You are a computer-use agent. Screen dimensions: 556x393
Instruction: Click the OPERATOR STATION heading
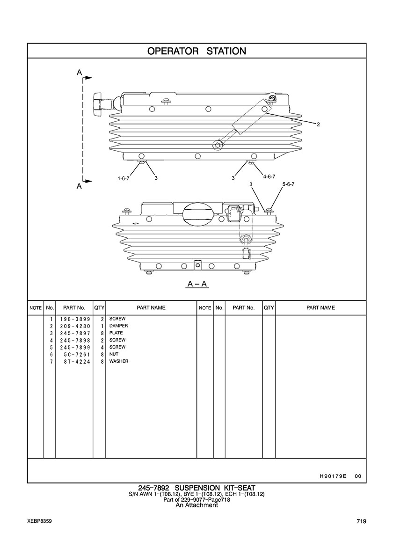pyautogui.click(x=196, y=51)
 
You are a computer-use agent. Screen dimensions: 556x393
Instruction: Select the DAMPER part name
pyautogui.click(x=118, y=326)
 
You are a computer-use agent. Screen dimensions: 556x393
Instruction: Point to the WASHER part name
pyautogui.click(x=119, y=361)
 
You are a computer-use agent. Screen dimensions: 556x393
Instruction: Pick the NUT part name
pyautogui.click(x=114, y=354)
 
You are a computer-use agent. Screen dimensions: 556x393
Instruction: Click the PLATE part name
pyautogui.click(x=116, y=333)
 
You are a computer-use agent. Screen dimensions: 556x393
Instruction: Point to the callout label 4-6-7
pyautogui.click(x=269, y=176)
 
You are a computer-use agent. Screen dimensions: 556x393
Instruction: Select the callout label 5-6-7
pyautogui.click(x=288, y=184)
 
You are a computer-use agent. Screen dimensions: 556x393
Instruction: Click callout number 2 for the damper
pyautogui.click(x=318, y=124)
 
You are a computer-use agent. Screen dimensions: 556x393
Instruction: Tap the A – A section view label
pyautogui.click(x=197, y=284)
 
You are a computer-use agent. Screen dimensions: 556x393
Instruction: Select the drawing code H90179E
pyautogui.click(x=330, y=476)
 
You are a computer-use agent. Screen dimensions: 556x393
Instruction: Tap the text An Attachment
pyautogui.click(x=196, y=505)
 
